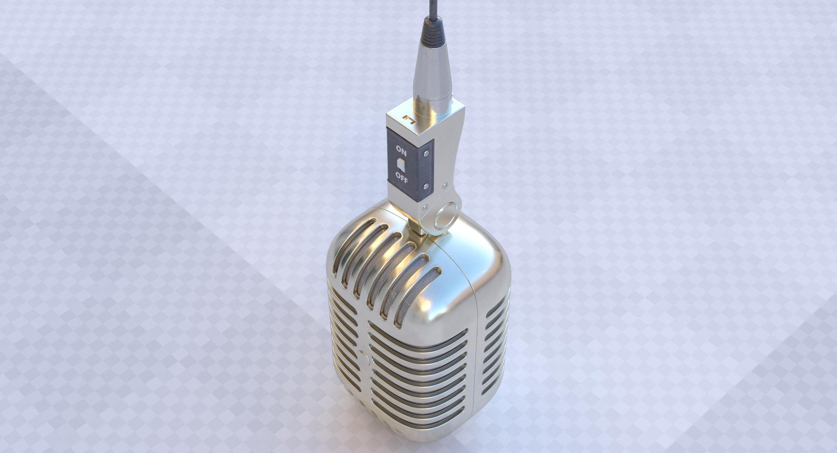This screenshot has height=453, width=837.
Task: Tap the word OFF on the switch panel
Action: pos(401,177)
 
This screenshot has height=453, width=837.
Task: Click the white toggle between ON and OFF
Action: pos(401,165)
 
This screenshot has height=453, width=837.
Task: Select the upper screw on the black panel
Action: pos(426,152)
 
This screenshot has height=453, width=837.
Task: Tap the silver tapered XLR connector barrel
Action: pos(432,74)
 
